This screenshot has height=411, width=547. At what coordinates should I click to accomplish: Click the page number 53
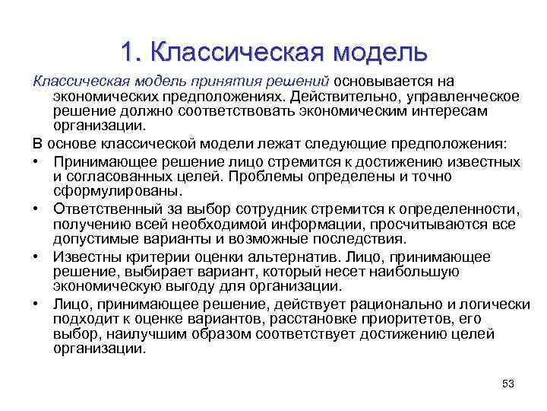coord(508,384)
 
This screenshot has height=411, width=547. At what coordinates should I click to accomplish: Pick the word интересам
coord(457,112)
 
